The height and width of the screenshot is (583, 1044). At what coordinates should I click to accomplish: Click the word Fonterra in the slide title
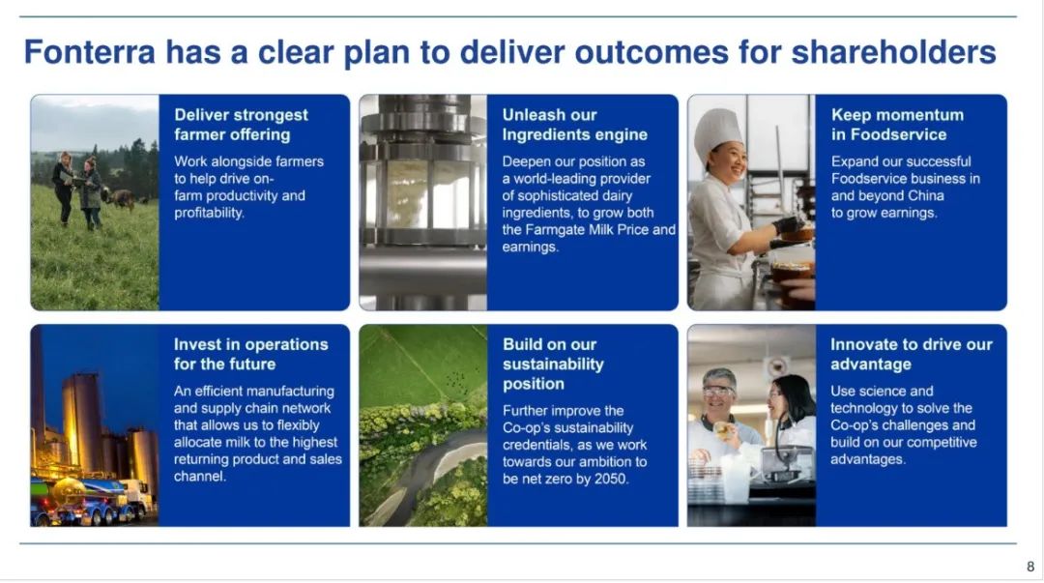pyautogui.click(x=90, y=52)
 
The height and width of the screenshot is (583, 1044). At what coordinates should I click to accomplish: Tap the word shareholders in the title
pyautogui.click(x=893, y=52)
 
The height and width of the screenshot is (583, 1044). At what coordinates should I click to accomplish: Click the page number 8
pyautogui.click(x=1030, y=567)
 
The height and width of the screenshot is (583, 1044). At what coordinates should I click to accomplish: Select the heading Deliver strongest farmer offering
pyautogui.click(x=241, y=125)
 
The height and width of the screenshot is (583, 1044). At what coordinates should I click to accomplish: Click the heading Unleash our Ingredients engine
pyautogui.click(x=574, y=125)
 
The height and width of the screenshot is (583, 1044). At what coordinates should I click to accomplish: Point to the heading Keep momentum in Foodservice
pyautogui.click(x=897, y=125)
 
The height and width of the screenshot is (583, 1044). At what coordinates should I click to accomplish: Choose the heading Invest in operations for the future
pyautogui.click(x=251, y=354)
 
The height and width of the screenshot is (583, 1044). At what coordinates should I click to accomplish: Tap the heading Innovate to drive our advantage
pyautogui.click(x=911, y=354)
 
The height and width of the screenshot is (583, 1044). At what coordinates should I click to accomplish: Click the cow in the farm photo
pyautogui.click(x=121, y=198)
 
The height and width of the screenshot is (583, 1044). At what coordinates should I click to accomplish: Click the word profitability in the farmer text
pyautogui.click(x=209, y=214)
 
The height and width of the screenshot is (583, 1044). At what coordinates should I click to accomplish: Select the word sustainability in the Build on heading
pyautogui.click(x=553, y=364)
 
